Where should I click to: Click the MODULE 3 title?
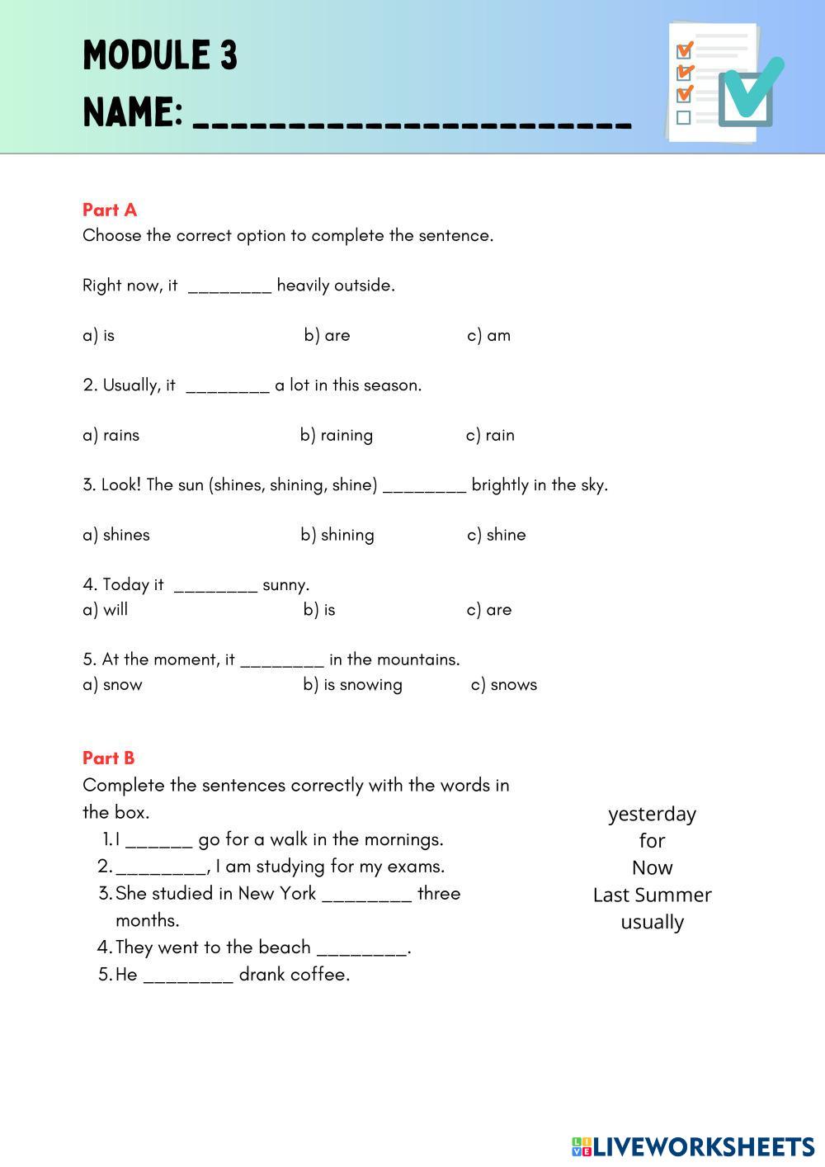tap(160, 56)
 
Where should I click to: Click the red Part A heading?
tap(110, 210)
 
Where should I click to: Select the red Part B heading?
tap(108, 758)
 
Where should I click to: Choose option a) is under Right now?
tap(98, 335)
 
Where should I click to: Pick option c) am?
tap(488, 335)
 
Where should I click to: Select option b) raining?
tap(336, 435)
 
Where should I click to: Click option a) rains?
tap(111, 435)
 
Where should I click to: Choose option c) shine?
tap(496, 535)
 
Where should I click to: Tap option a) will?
tap(105, 610)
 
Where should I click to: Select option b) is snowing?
tap(352, 684)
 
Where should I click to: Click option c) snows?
tap(503, 684)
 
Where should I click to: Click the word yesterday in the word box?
tap(652, 814)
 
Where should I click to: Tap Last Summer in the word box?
tap(652, 895)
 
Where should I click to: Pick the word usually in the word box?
tap(652, 922)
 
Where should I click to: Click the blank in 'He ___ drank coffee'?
tap(188, 976)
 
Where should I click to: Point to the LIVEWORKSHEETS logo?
tap(693, 1146)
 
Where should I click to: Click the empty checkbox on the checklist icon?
tap(683, 118)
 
